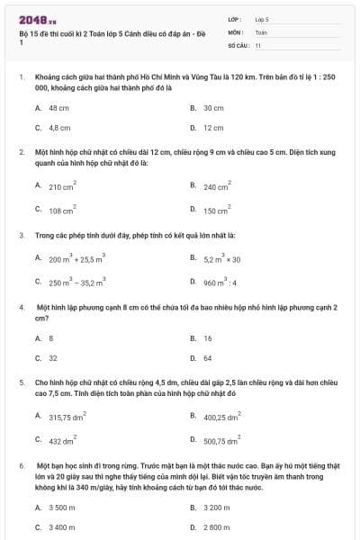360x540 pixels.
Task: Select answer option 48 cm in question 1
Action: pyautogui.click(x=58, y=107)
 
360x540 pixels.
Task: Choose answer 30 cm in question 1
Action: pyautogui.click(x=212, y=107)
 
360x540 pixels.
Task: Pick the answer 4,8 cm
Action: pyautogui.click(x=59, y=128)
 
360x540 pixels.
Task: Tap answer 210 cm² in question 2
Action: pyautogui.click(x=62, y=187)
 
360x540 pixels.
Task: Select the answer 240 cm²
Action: pyautogui.click(x=217, y=187)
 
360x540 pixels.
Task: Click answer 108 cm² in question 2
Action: pyautogui.click(x=62, y=211)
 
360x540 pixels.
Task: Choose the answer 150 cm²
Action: pyautogui.click(x=217, y=211)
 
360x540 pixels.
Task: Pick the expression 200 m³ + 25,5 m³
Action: pyautogui.click(x=77, y=258)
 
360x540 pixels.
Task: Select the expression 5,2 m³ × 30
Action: pyautogui.click(x=222, y=258)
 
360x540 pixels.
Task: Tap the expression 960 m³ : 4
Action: pyautogui.click(x=220, y=282)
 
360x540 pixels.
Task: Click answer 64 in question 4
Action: pyautogui.click(x=208, y=358)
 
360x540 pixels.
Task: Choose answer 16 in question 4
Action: pyautogui.click(x=208, y=338)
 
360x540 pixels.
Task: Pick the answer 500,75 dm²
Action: pyautogui.click(x=221, y=441)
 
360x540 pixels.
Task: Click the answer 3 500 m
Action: pyautogui.click(x=62, y=508)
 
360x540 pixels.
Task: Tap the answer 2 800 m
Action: pyautogui.click(x=216, y=526)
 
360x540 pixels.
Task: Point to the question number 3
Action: pyautogui.click(x=22, y=236)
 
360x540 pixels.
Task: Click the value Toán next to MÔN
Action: pyautogui.click(x=261, y=31)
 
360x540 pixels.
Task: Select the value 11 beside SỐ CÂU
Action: pyautogui.click(x=258, y=44)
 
